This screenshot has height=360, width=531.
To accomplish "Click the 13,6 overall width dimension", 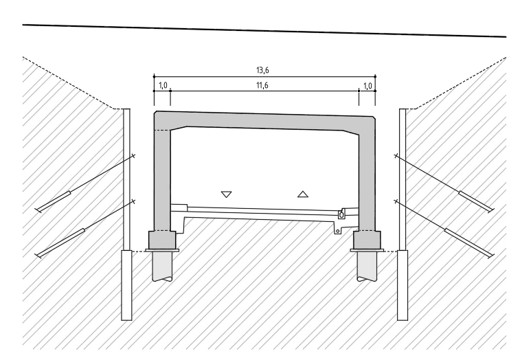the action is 262,71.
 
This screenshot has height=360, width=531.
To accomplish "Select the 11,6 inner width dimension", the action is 262,85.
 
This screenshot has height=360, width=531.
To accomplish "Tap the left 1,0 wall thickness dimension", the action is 163,85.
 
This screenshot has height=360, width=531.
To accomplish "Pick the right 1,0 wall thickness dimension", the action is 368,86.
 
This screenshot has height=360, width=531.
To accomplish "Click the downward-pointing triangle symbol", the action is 226,194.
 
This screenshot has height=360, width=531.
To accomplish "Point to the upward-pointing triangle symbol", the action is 303,194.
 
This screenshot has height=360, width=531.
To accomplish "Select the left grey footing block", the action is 162,240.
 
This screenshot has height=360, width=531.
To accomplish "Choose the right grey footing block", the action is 367,240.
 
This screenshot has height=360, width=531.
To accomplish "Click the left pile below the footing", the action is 163,266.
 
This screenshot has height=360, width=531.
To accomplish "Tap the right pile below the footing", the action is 367,266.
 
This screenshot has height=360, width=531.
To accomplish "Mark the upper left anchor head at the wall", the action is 133,156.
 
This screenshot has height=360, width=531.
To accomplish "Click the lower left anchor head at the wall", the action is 133,201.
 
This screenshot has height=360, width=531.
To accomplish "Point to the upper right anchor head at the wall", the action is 396,156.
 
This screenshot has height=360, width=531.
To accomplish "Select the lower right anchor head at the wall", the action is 396,201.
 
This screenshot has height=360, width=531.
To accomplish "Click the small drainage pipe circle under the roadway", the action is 337,232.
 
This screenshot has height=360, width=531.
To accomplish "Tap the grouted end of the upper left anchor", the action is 54,201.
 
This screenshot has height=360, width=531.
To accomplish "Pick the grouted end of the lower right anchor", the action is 468,242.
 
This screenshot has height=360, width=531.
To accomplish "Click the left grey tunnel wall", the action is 162,179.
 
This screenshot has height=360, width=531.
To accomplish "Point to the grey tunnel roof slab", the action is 264,121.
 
